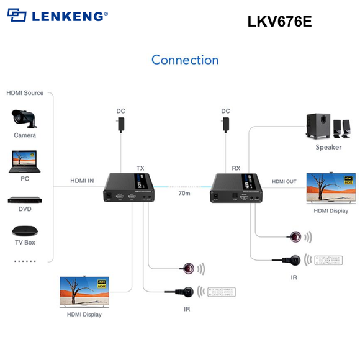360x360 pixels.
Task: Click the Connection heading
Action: point(185,60)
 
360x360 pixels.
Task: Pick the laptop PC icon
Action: point(25,161)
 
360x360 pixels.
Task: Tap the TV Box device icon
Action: point(25,230)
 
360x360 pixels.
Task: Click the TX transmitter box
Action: point(128,187)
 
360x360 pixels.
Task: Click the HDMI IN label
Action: point(82,181)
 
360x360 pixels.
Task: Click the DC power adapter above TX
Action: point(121,125)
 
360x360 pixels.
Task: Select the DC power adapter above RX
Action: point(226,125)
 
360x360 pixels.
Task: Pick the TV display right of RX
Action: point(331,188)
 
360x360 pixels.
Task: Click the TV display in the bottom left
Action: point(84,292)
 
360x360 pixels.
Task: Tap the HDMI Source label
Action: point(25,93)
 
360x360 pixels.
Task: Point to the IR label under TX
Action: point(186,308)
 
